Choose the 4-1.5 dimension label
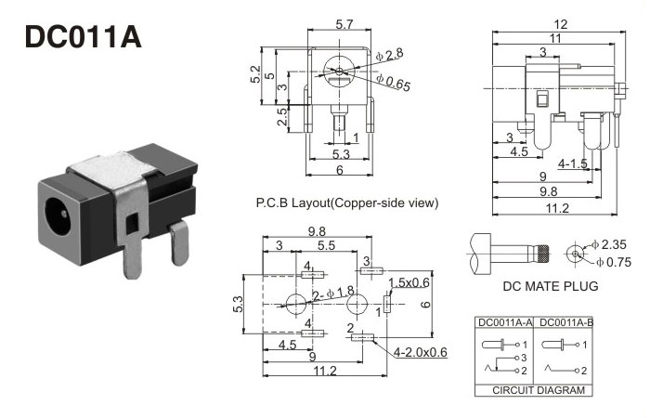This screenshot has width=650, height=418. (x=573, y=163)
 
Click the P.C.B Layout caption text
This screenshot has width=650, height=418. (x=345, y=202)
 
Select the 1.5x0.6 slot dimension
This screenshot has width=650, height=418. (x=409, y=282)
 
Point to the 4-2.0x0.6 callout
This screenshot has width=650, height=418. (x=421, y=352)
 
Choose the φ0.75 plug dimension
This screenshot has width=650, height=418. (x=612, y=261)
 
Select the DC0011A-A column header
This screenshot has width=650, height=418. (x=504, y=322)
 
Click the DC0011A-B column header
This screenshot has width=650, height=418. (x=561, y=322)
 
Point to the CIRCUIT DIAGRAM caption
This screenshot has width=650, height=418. (x=532, y=391)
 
